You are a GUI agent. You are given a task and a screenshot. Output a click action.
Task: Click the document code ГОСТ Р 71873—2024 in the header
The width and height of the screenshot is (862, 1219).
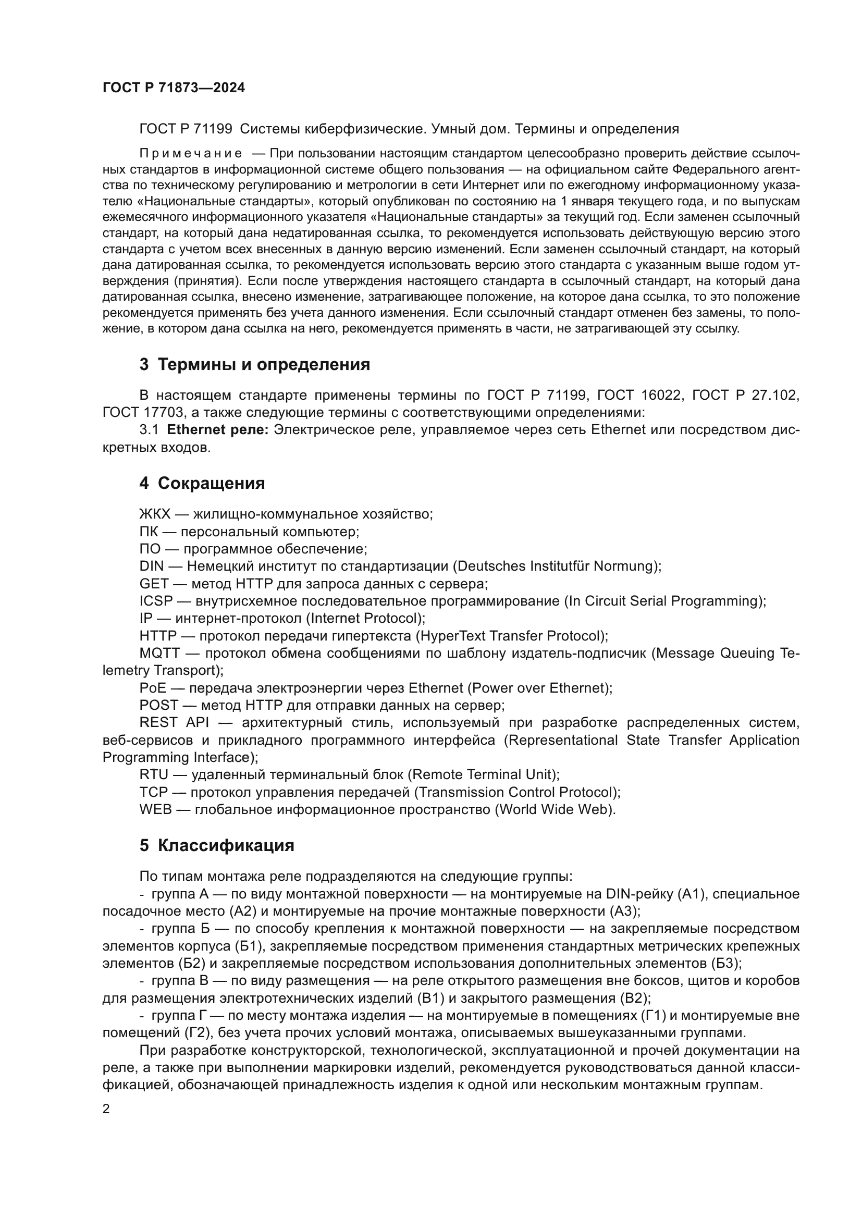[x=174, y=88]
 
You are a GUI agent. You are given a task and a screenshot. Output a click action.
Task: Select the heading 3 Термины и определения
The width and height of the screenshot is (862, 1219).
[x=254, y=365]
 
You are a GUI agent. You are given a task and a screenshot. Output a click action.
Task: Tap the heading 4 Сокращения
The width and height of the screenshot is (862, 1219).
[x=202, y=483]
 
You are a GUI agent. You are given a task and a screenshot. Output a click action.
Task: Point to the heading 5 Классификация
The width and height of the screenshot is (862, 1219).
[x=217, y=845]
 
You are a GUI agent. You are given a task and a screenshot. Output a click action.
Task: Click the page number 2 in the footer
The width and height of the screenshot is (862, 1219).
[x=106, y=1109]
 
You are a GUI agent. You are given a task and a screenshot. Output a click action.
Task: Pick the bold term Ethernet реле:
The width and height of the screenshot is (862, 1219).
[x=218, y=429]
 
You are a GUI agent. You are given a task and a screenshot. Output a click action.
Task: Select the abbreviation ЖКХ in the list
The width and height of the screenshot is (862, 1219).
[x=154, y=514]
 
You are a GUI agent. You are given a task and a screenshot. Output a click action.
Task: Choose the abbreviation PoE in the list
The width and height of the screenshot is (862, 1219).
[x=152, y=688]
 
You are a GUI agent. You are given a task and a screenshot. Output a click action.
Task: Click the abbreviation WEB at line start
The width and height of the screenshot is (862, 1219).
[x=155, y=810]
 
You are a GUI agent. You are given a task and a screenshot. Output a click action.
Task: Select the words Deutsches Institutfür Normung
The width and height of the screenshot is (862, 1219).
[x=555, y=566]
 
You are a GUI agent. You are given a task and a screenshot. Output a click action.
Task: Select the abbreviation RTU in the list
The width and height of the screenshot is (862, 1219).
[x=153, y=774]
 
